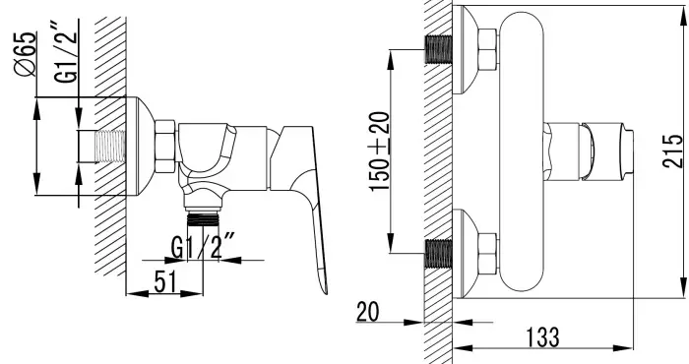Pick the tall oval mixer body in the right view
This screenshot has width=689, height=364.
523,148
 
